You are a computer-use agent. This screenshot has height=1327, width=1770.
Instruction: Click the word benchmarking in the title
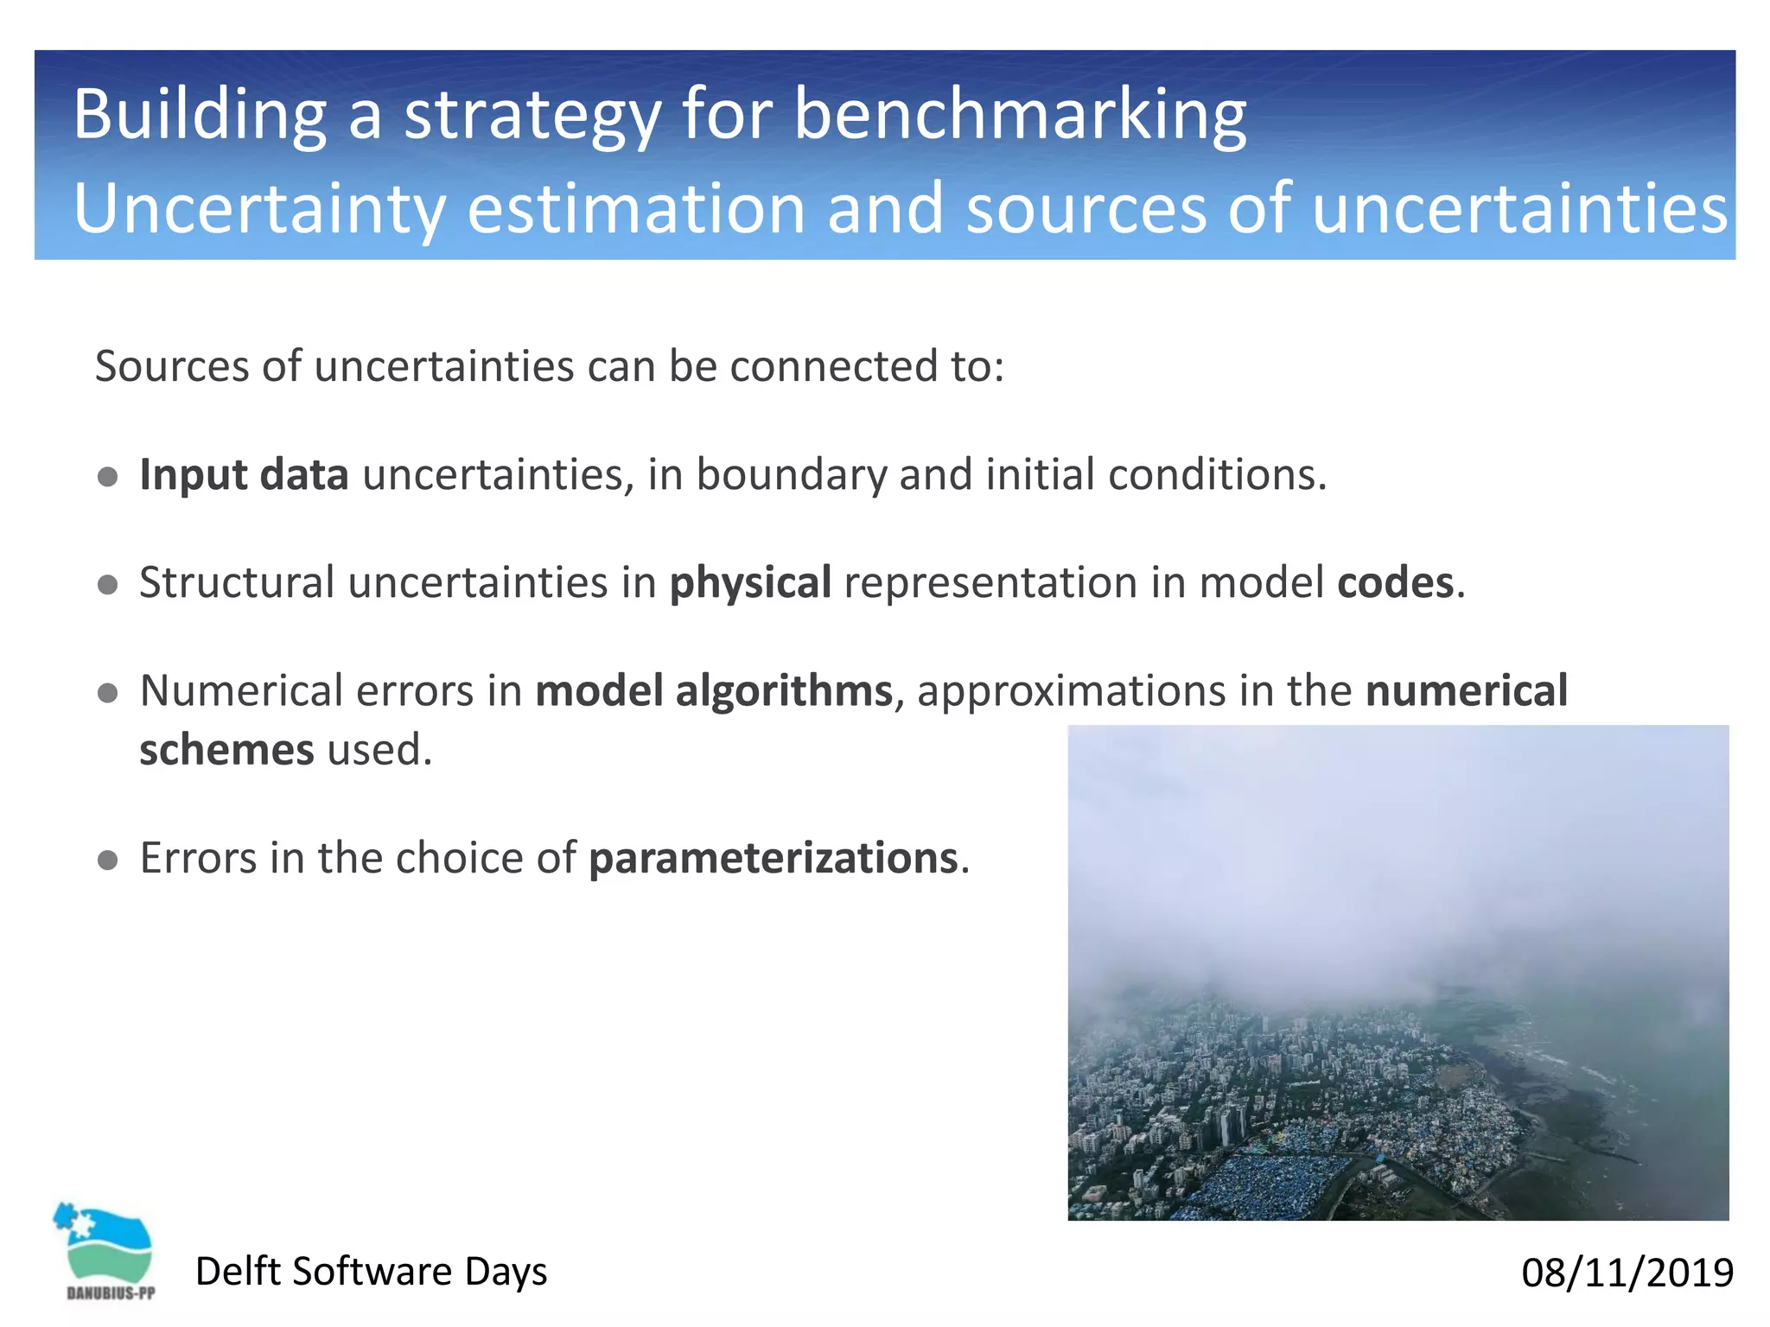click(1020, 114)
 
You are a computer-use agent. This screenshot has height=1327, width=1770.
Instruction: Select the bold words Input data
click(244, 474)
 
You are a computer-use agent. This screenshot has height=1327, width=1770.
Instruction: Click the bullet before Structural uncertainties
click(108, 585)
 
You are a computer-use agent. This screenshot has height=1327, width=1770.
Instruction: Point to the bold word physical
click(750, 582)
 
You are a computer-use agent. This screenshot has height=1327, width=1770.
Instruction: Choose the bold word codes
click(1395, 582)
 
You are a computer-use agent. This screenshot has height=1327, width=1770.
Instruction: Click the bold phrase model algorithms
click(714, 691)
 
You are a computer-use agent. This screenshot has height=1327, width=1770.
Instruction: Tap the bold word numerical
click(1467, 691)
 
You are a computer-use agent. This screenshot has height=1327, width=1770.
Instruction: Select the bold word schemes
click(226, 749)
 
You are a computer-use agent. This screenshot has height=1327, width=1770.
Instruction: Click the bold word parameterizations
click(774, 858)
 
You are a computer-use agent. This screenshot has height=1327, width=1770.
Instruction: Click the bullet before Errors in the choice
click(108, 860)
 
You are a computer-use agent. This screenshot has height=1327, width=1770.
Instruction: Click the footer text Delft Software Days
click(371, 1272)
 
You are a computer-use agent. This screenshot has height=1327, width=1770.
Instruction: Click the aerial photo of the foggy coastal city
click(1398, 972)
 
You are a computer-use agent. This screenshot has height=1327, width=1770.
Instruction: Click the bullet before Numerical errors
click(108, 693)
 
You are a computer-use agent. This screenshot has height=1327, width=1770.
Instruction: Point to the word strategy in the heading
click(532, 114)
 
